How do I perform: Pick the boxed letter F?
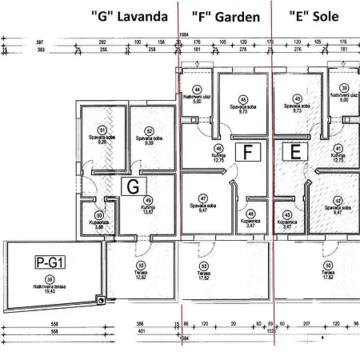(248, 151)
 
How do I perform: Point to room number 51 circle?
(102, 130)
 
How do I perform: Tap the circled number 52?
(149, 130)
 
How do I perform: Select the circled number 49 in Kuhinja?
(147, 201)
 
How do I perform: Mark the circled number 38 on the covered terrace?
(50, 278)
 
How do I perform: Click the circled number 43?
(286, 214)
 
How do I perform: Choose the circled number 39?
(344, 88)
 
